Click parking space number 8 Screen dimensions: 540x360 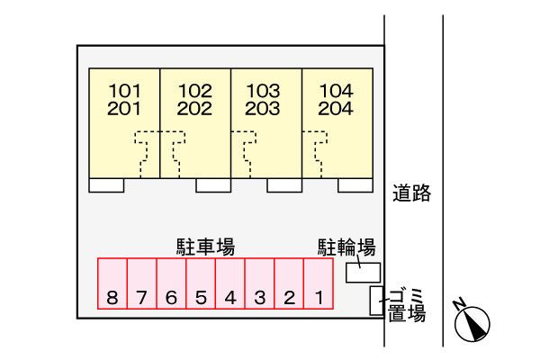[x=112, y=283]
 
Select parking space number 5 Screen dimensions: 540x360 [x=201, y=283]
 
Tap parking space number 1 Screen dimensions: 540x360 [x=319, y=283]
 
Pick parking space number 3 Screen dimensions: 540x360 [x=260, y=283]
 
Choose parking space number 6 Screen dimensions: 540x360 [x=172, y=283]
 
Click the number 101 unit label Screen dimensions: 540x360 [x=125, y=91]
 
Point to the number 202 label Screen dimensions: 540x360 [x=194, y=109]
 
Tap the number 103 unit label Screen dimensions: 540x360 [x=264, y=91]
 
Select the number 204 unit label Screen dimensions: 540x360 [x=336, y=109]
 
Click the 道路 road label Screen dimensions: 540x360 [x=412, y=193]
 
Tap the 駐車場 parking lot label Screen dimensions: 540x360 [x=205, y=247]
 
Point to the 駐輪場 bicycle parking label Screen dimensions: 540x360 [x=346, y=247]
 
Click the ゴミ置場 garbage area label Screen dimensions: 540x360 [x=407, y=305]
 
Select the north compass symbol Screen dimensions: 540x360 [x=471, y=320]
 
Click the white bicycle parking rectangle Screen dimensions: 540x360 [x=364, y=273]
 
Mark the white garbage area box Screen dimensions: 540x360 [x=377, y=301]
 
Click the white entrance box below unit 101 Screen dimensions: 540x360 [x=106, y=185]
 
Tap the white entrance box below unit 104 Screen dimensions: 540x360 [x=355, y=185]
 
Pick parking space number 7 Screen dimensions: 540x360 [x=142, y=283]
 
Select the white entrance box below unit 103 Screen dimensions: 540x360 [x=284, y=185]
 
